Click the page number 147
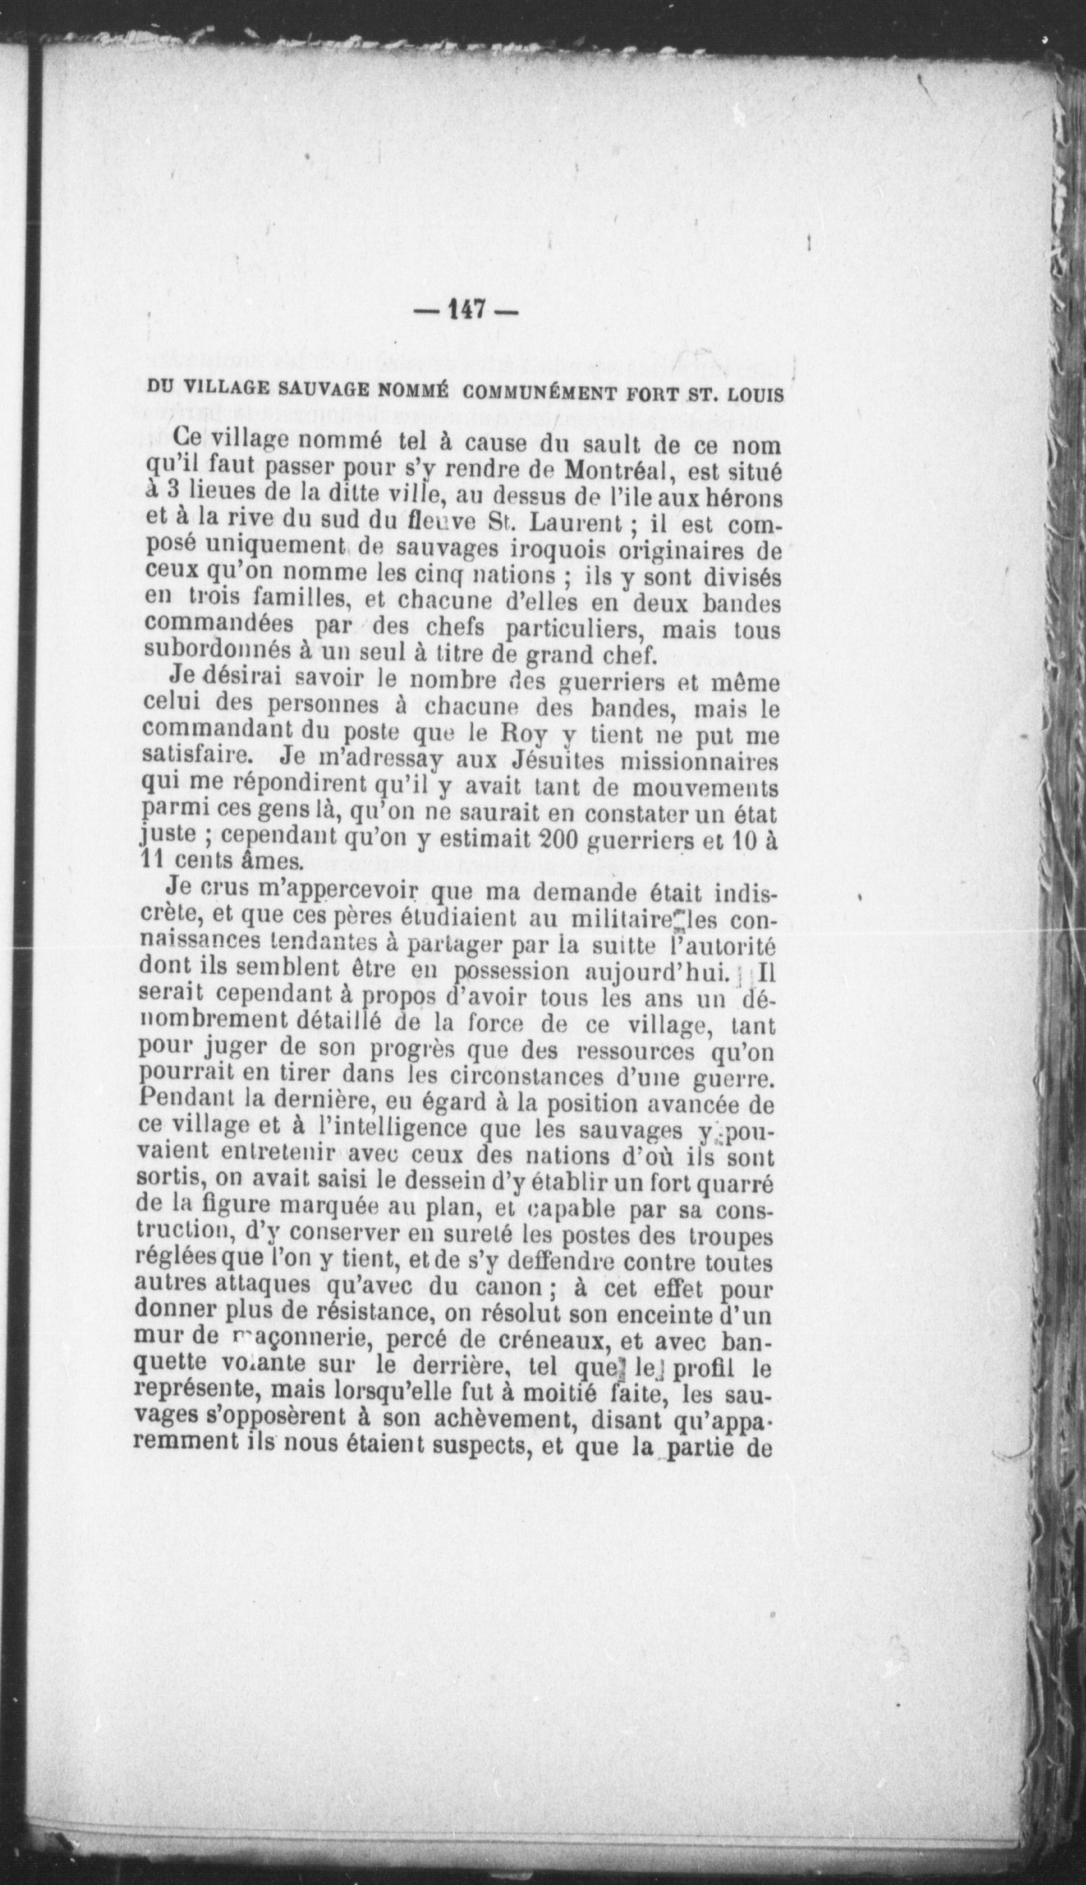466,309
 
